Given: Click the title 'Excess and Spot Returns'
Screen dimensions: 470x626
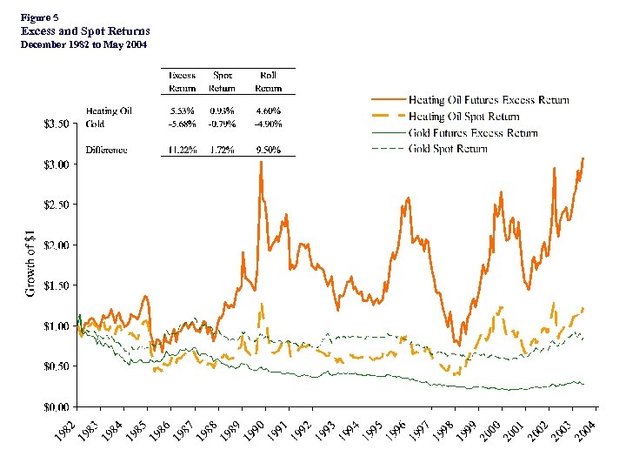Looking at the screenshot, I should (x=84, y=30).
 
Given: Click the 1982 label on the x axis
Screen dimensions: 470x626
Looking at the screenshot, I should (x=76, y=428).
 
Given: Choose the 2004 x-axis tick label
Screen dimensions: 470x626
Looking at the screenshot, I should (x=588, y=428).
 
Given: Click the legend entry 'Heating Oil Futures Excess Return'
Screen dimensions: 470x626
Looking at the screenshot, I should (x=489, y=100).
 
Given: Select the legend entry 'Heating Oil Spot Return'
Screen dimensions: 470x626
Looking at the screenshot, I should (x=463, y=117).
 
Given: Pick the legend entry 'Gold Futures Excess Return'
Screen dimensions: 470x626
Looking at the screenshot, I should (x=473, y=133).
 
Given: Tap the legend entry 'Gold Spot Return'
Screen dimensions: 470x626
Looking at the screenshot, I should (x=448, y=149).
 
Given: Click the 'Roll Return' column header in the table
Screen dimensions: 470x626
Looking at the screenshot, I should (x=269, y=81).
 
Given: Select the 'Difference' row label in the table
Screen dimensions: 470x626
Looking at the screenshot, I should (x=107, y=150).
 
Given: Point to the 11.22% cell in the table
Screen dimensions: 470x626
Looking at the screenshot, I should (x=182, y=150).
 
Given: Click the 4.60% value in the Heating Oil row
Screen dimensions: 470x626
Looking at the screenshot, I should (x=269, y=111).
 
